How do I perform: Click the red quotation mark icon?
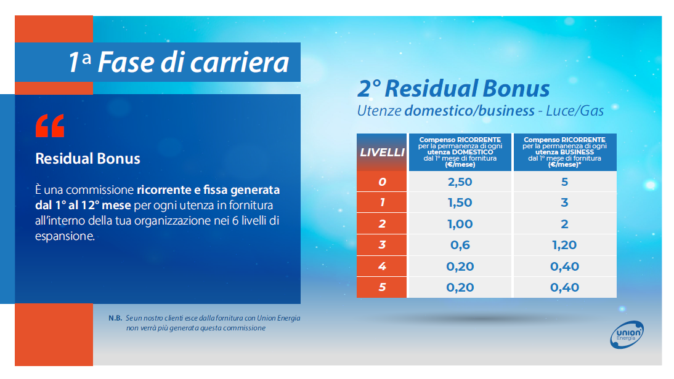[x=50, y=126]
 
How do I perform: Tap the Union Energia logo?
[x=627, y=334]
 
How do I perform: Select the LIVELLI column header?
[x=382, y=153]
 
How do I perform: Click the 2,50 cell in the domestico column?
[x=460, y=182]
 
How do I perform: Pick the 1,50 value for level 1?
[x=460, y=202]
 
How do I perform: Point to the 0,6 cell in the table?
[x=460, y=245]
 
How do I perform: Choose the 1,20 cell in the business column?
[x=565, y=245]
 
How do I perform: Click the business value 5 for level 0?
[x=565, y=182]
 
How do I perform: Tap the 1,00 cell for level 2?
[x=460, y=223]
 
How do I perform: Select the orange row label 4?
[x=382, y=266]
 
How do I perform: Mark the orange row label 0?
[x=382, y=182]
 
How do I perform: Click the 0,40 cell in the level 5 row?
[x=565, y=287]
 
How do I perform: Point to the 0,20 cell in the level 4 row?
[x=460, y=266]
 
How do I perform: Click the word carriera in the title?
[x=240, y=63]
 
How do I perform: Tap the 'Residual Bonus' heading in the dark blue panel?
[x=87, y=158]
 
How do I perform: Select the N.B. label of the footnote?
[x=115, y=318]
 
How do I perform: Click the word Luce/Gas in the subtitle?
[x=575, y=111]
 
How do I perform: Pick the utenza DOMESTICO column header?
[x=460, y=153]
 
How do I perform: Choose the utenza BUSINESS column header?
[x=565, y=153]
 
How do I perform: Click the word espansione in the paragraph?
[x=65, y=236]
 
